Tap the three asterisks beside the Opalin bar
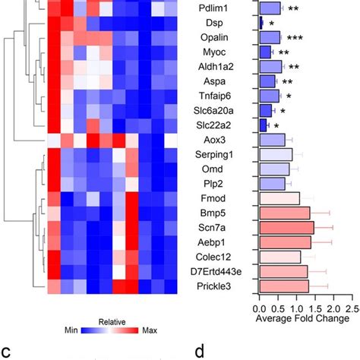(x=295, y=37)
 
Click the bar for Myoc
(x=266, y=52)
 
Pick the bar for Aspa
(x=267, y=81)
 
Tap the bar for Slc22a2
(x=264, y=125)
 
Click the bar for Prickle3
(x=284, y=286)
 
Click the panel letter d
(x=199, y=351)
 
